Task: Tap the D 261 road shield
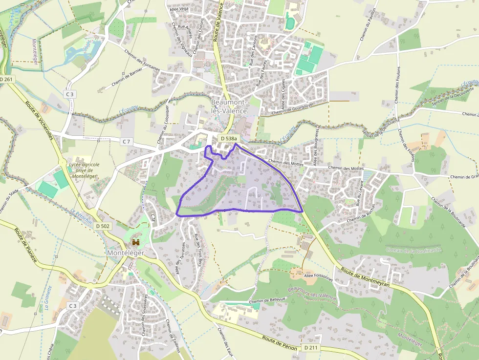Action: (x=7, y=80)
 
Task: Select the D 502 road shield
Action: (x=103, y=226)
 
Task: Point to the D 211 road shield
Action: (x=310, y=347)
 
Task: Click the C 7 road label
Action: (x=127, y=142)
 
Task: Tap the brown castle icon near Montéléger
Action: (x=136, y=242)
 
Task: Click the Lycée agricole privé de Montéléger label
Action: (x=85, y=170)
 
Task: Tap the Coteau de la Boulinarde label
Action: (x=414, y=250)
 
